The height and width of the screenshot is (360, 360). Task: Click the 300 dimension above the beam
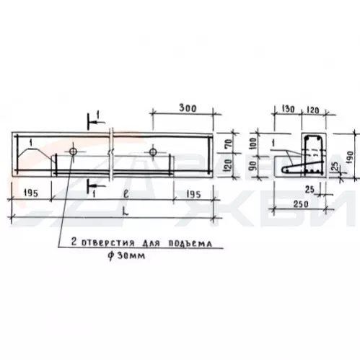(188, 108)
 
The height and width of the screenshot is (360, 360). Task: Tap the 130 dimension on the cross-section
(288, 109)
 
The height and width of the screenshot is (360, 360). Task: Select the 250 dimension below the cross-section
(301, 204)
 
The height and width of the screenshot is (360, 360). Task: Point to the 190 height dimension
(351, 157)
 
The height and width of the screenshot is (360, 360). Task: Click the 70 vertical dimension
(229, 143)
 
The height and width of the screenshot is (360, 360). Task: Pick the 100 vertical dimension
(253, 143)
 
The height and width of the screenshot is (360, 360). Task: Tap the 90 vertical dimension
(253, 165)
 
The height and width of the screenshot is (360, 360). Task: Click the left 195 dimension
(30, 193)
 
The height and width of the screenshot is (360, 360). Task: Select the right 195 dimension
(193, 194)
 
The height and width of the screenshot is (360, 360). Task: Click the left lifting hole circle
(73, 152)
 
